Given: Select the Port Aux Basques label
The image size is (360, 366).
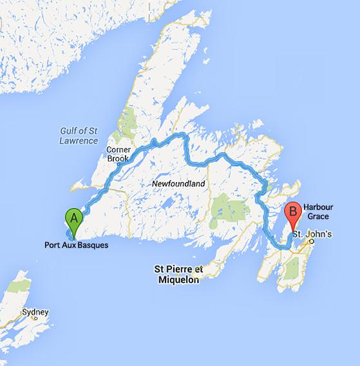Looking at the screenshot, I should [76, 245].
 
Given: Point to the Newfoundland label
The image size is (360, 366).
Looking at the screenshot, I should [178, 184].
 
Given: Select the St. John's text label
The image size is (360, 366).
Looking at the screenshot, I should [312, 233].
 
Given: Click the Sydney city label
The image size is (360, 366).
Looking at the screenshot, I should [35, 311].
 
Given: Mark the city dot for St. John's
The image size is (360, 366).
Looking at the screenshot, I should [311, 242].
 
